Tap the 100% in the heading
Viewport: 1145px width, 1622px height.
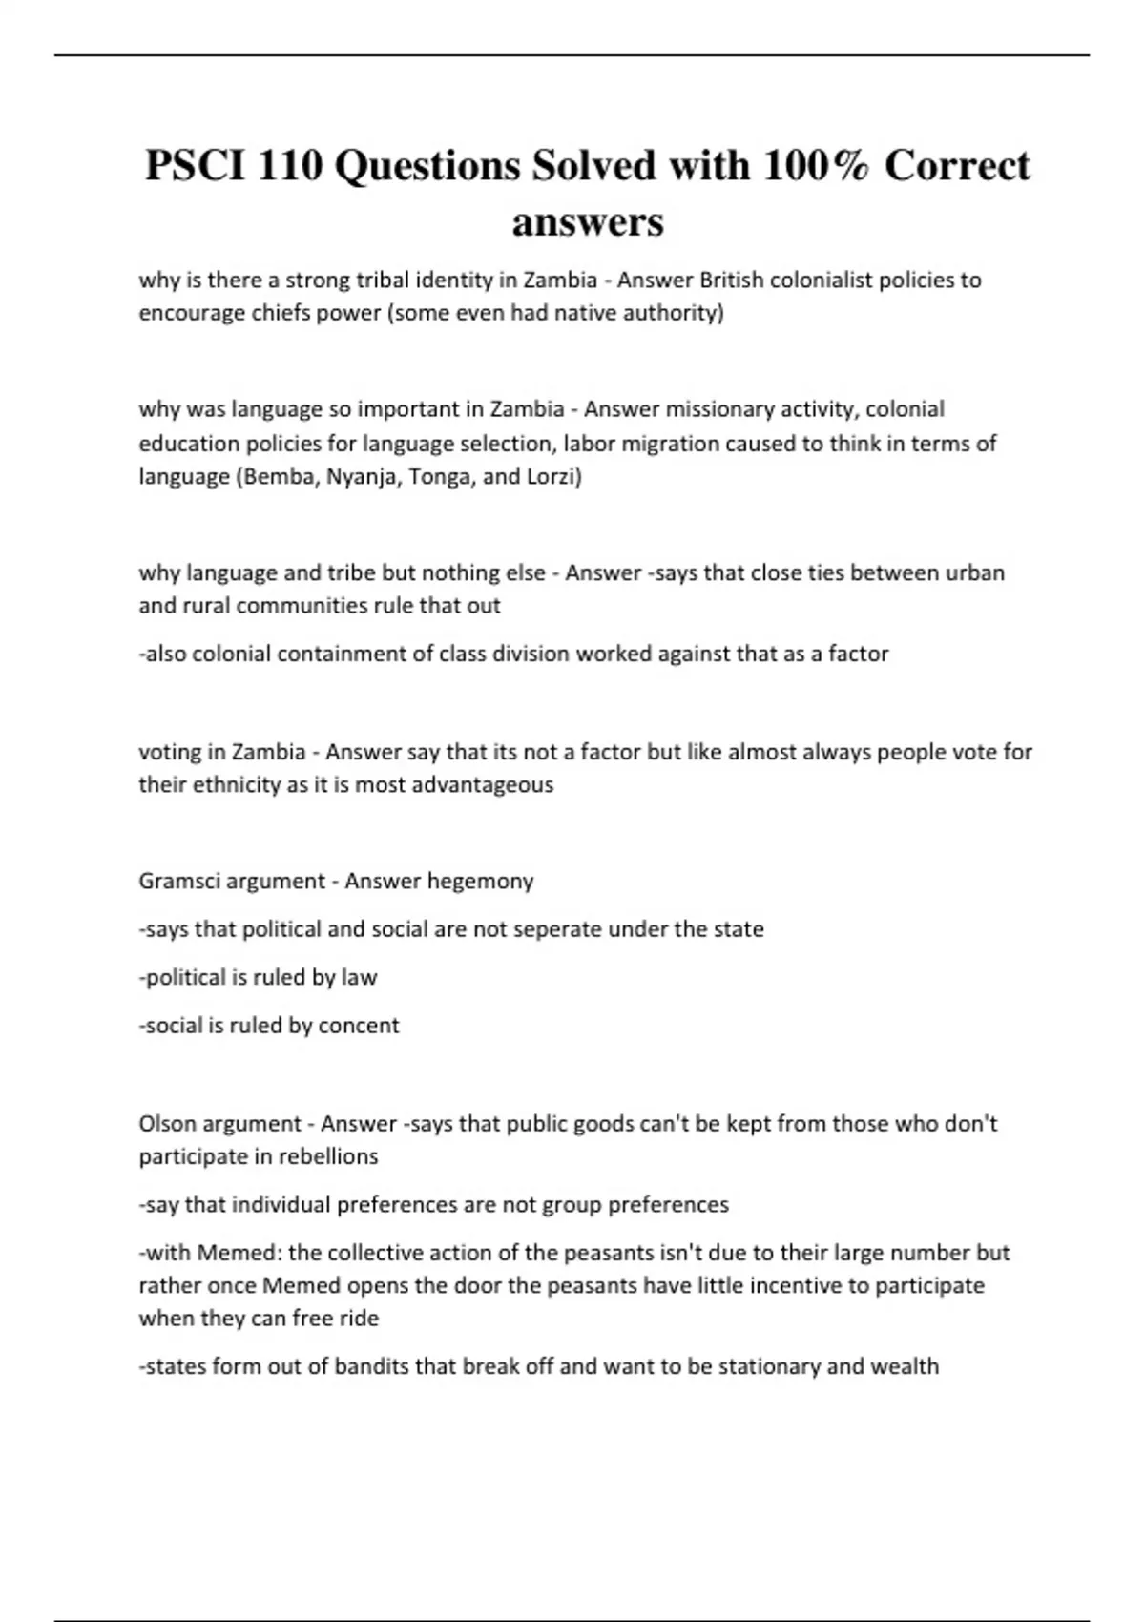point(816,166)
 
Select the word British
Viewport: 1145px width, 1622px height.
point(732,281)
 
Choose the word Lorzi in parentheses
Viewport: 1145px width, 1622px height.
point(552,476)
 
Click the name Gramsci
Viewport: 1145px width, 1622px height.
point(178,881)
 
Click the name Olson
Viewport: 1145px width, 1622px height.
point(166,1123)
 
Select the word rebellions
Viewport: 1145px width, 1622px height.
point(328,1156)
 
